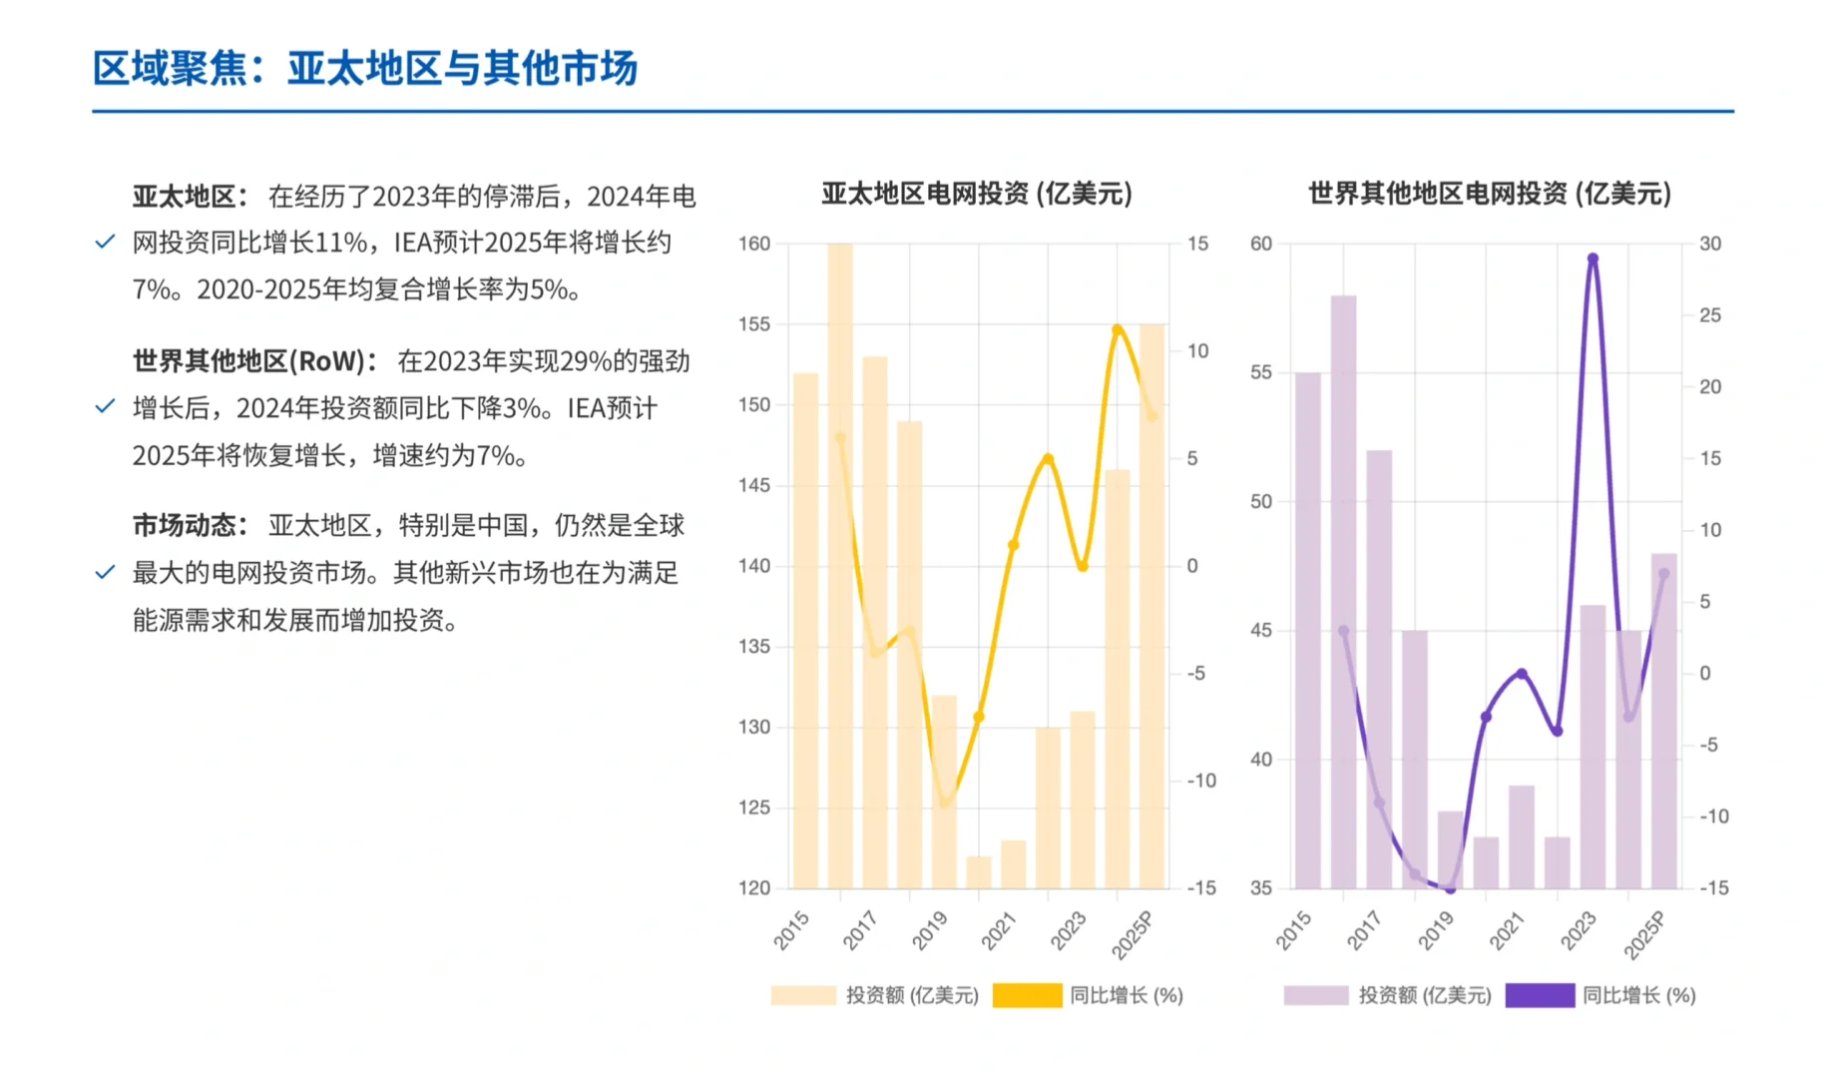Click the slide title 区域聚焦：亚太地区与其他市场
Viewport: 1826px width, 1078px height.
coord(365,69)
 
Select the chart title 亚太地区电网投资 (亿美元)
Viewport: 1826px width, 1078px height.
coord(977,194)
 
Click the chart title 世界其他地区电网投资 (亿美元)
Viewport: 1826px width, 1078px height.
coord(1489,194)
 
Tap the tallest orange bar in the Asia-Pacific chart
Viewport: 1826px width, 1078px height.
coord(840,559)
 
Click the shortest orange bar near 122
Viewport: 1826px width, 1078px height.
coord(979,872)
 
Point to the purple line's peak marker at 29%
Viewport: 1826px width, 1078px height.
coord(1593,259)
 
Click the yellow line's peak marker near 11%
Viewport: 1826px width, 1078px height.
coord(1118,329)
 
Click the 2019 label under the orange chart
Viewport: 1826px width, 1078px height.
coord(930,931)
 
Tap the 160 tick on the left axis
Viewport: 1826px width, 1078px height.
coord(754,244)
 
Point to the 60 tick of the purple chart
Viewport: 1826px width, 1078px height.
coord(1261,244)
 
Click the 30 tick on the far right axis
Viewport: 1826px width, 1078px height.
coord(1710,244)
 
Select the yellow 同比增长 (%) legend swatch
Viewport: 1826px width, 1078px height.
coord(1027,995)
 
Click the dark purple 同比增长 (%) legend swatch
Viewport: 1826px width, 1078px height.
coord(1540,995)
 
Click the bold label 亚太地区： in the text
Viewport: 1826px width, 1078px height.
coord(191,197)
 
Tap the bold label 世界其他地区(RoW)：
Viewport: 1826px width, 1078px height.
coord(255,361)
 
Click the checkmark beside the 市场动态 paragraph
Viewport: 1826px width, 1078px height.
coord(105,573)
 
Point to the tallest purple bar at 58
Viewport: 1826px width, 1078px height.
coord(1343,589)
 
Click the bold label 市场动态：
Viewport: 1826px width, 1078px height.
coord(191,526)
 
